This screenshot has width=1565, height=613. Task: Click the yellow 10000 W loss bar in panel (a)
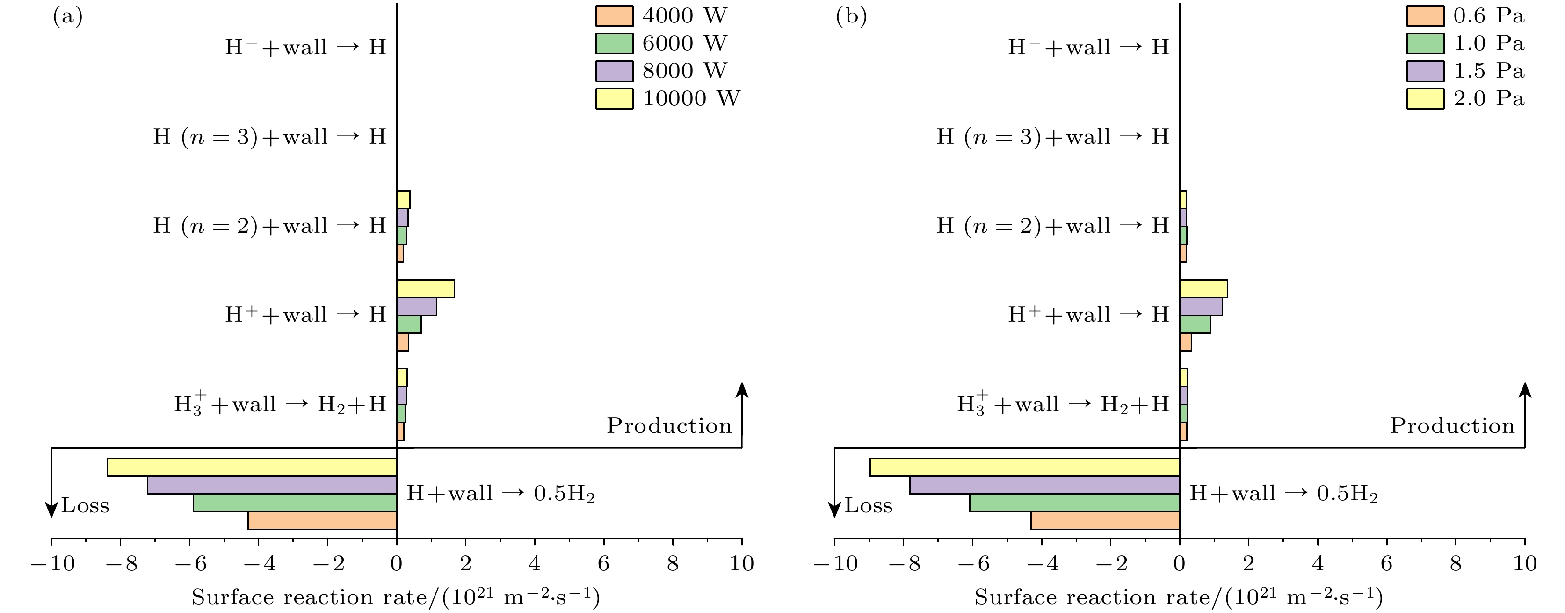coord(252,467)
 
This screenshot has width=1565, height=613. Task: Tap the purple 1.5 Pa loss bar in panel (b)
coord(1044,485)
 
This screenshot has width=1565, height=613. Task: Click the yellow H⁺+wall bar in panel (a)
coord(425,289)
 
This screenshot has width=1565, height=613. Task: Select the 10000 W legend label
coord(691,98)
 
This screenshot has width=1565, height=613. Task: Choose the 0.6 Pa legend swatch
coord(1425,16)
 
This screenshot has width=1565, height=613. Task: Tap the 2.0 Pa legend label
coord(1488,98)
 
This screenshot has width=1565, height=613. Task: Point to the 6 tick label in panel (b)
coord(1386,564)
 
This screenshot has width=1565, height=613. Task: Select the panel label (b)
coord(851,16)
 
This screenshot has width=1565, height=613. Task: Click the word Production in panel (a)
coord(669,426)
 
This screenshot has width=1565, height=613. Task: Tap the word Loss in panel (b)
coord(868,506)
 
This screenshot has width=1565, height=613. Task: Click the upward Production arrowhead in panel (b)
coord(1525,389)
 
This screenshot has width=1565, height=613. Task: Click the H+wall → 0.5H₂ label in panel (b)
coord(1283,493)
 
